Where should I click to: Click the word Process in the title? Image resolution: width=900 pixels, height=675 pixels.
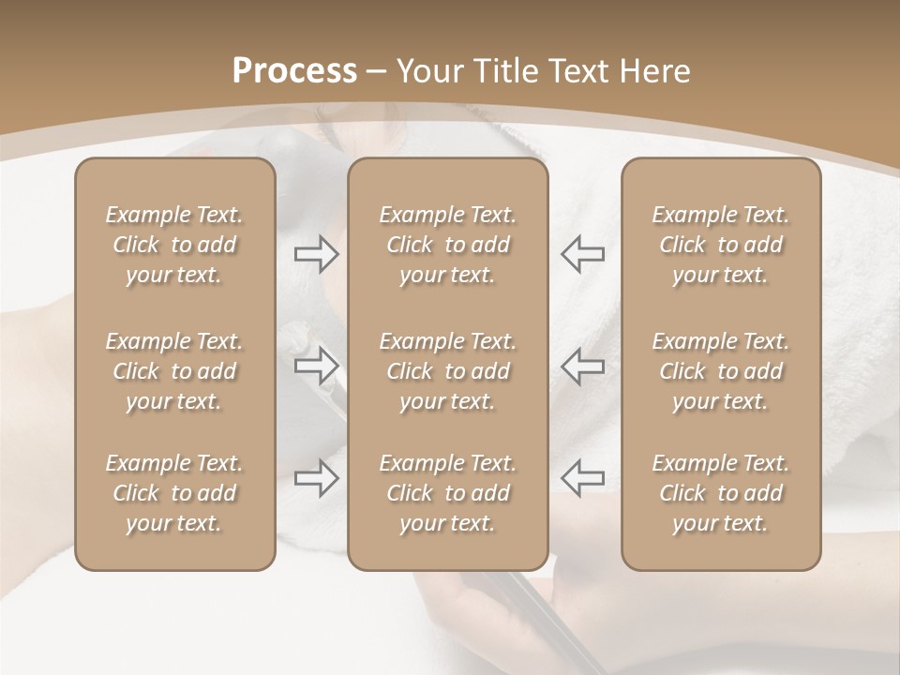(x=294, y=71)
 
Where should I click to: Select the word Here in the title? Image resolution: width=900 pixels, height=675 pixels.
(x=655, y=71)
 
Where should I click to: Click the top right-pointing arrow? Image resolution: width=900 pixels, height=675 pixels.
(x=316, y=253)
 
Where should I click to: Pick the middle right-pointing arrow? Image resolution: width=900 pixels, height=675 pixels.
(x=316, y=366)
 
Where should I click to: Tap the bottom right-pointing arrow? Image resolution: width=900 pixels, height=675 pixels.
(x=316, y=478)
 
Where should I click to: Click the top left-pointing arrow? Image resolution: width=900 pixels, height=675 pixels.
(x=582, y=253)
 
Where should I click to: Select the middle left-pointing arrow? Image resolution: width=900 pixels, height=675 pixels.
(x=582, y=366)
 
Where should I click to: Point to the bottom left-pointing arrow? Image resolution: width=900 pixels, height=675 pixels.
(x=582, y=478)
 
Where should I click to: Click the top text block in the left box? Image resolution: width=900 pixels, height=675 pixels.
(x=174, y=245)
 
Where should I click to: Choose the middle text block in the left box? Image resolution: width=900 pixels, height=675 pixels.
(x=174, y=371)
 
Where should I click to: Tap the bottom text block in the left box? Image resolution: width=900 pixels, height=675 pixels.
(x=174, y=493)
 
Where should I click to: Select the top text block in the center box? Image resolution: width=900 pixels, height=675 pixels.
(x=447, y=245)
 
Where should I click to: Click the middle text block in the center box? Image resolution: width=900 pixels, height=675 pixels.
(x=447, y=371)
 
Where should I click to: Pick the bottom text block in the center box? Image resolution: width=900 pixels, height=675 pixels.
(x=447, y=493)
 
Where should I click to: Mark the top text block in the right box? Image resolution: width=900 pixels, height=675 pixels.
(x=720, y=245)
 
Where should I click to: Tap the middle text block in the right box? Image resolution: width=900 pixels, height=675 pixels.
(x=720, y=371)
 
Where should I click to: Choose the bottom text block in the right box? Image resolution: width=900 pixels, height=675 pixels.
(x=720, y=493)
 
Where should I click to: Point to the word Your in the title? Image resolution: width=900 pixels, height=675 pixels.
(x=428, y=71)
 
